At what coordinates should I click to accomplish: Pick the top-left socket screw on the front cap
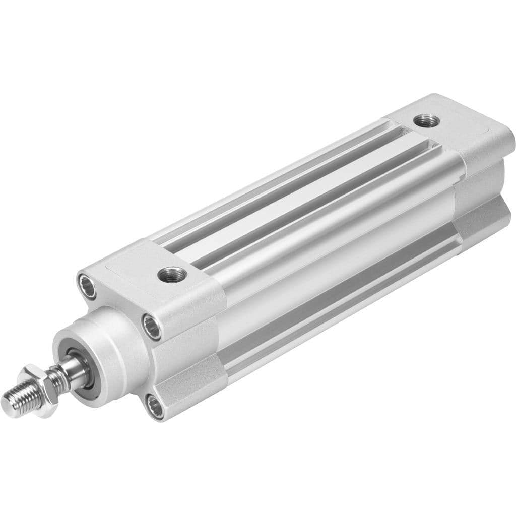click(86, 285)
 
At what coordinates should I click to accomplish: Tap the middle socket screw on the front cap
click(152, 327)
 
